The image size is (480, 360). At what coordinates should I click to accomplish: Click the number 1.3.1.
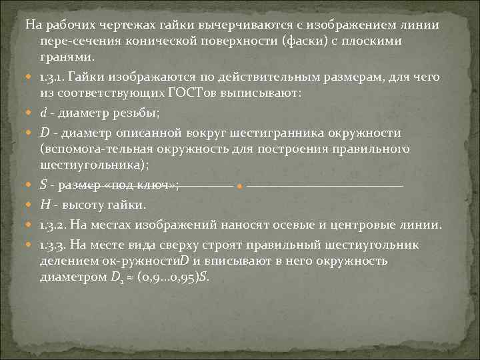[53, 77]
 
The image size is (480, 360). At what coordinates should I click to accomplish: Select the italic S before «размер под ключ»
[43, 185]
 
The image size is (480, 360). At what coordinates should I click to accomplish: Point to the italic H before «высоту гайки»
[44, 203]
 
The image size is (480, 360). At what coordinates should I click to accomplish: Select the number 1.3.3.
[54, 244]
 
